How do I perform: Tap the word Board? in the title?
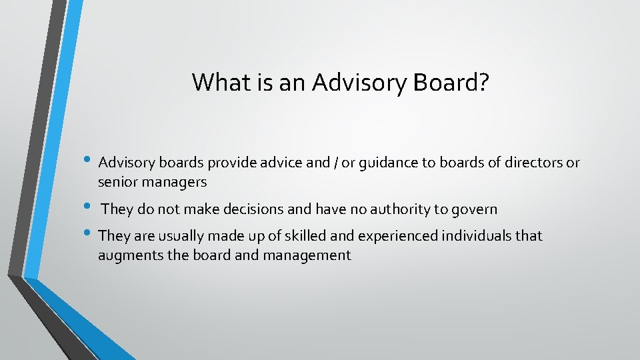tap(451, 82)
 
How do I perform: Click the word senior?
tap(117, 181)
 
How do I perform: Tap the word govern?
tap(474, 210)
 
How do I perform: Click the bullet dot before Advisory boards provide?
tap(90, 161)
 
